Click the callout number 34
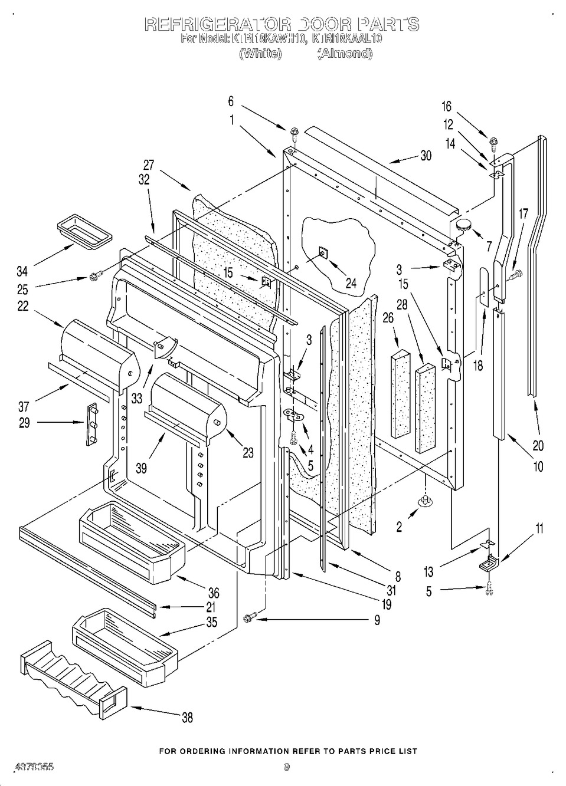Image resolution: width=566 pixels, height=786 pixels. tap(22, 272)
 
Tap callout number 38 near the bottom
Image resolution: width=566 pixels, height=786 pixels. tap(187, 718)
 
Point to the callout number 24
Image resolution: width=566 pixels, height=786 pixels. tap(351, 283)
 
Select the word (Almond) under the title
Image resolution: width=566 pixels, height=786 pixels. tap(345, 54)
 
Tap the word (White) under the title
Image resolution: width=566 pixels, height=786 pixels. tap(260, 54)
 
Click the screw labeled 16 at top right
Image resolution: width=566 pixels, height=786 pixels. tap(492, 142)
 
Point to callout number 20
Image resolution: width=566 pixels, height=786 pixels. tap(538, 445)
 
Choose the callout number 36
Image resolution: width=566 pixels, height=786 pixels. tap(213, 594)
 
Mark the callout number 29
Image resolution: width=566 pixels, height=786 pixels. tap(24, 423)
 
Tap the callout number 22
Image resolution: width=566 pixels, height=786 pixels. tap(23, 307)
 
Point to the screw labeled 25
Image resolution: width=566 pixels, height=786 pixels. tap(94, 275)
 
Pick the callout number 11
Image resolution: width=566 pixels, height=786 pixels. tap(539, 528)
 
